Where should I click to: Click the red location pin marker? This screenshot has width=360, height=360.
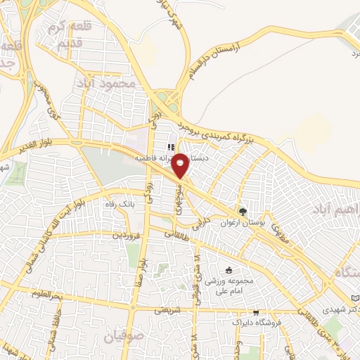[x=180, y=165]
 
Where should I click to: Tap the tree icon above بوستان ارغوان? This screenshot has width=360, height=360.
[x=243, y=211]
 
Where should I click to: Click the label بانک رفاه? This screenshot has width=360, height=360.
[x=118, y=204]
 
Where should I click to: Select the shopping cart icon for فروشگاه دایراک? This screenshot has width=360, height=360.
[x=256, y=312]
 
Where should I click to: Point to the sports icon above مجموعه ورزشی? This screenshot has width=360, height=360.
[x=228, y=270]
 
